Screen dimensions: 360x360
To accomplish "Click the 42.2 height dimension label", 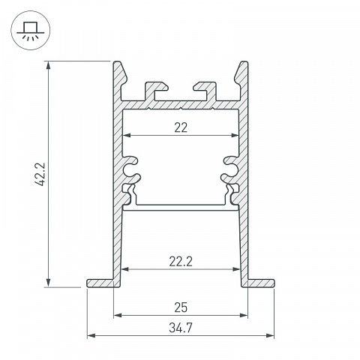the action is click(40, 174).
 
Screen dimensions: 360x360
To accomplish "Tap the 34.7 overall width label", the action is click(181, 328).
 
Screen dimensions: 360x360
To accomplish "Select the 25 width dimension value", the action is click(181, 307).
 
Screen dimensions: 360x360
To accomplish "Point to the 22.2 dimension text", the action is click(181, 262).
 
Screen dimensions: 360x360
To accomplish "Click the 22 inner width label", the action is click(181, 127).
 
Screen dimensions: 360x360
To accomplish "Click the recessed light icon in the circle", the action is click(31, 31).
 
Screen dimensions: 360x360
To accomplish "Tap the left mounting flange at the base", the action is click(100, 283).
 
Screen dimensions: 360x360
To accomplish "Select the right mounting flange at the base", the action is click(261, 283).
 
